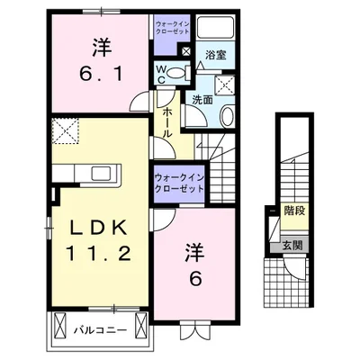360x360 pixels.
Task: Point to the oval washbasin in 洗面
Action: (226, 116)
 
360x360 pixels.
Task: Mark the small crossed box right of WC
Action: (185, 51)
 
